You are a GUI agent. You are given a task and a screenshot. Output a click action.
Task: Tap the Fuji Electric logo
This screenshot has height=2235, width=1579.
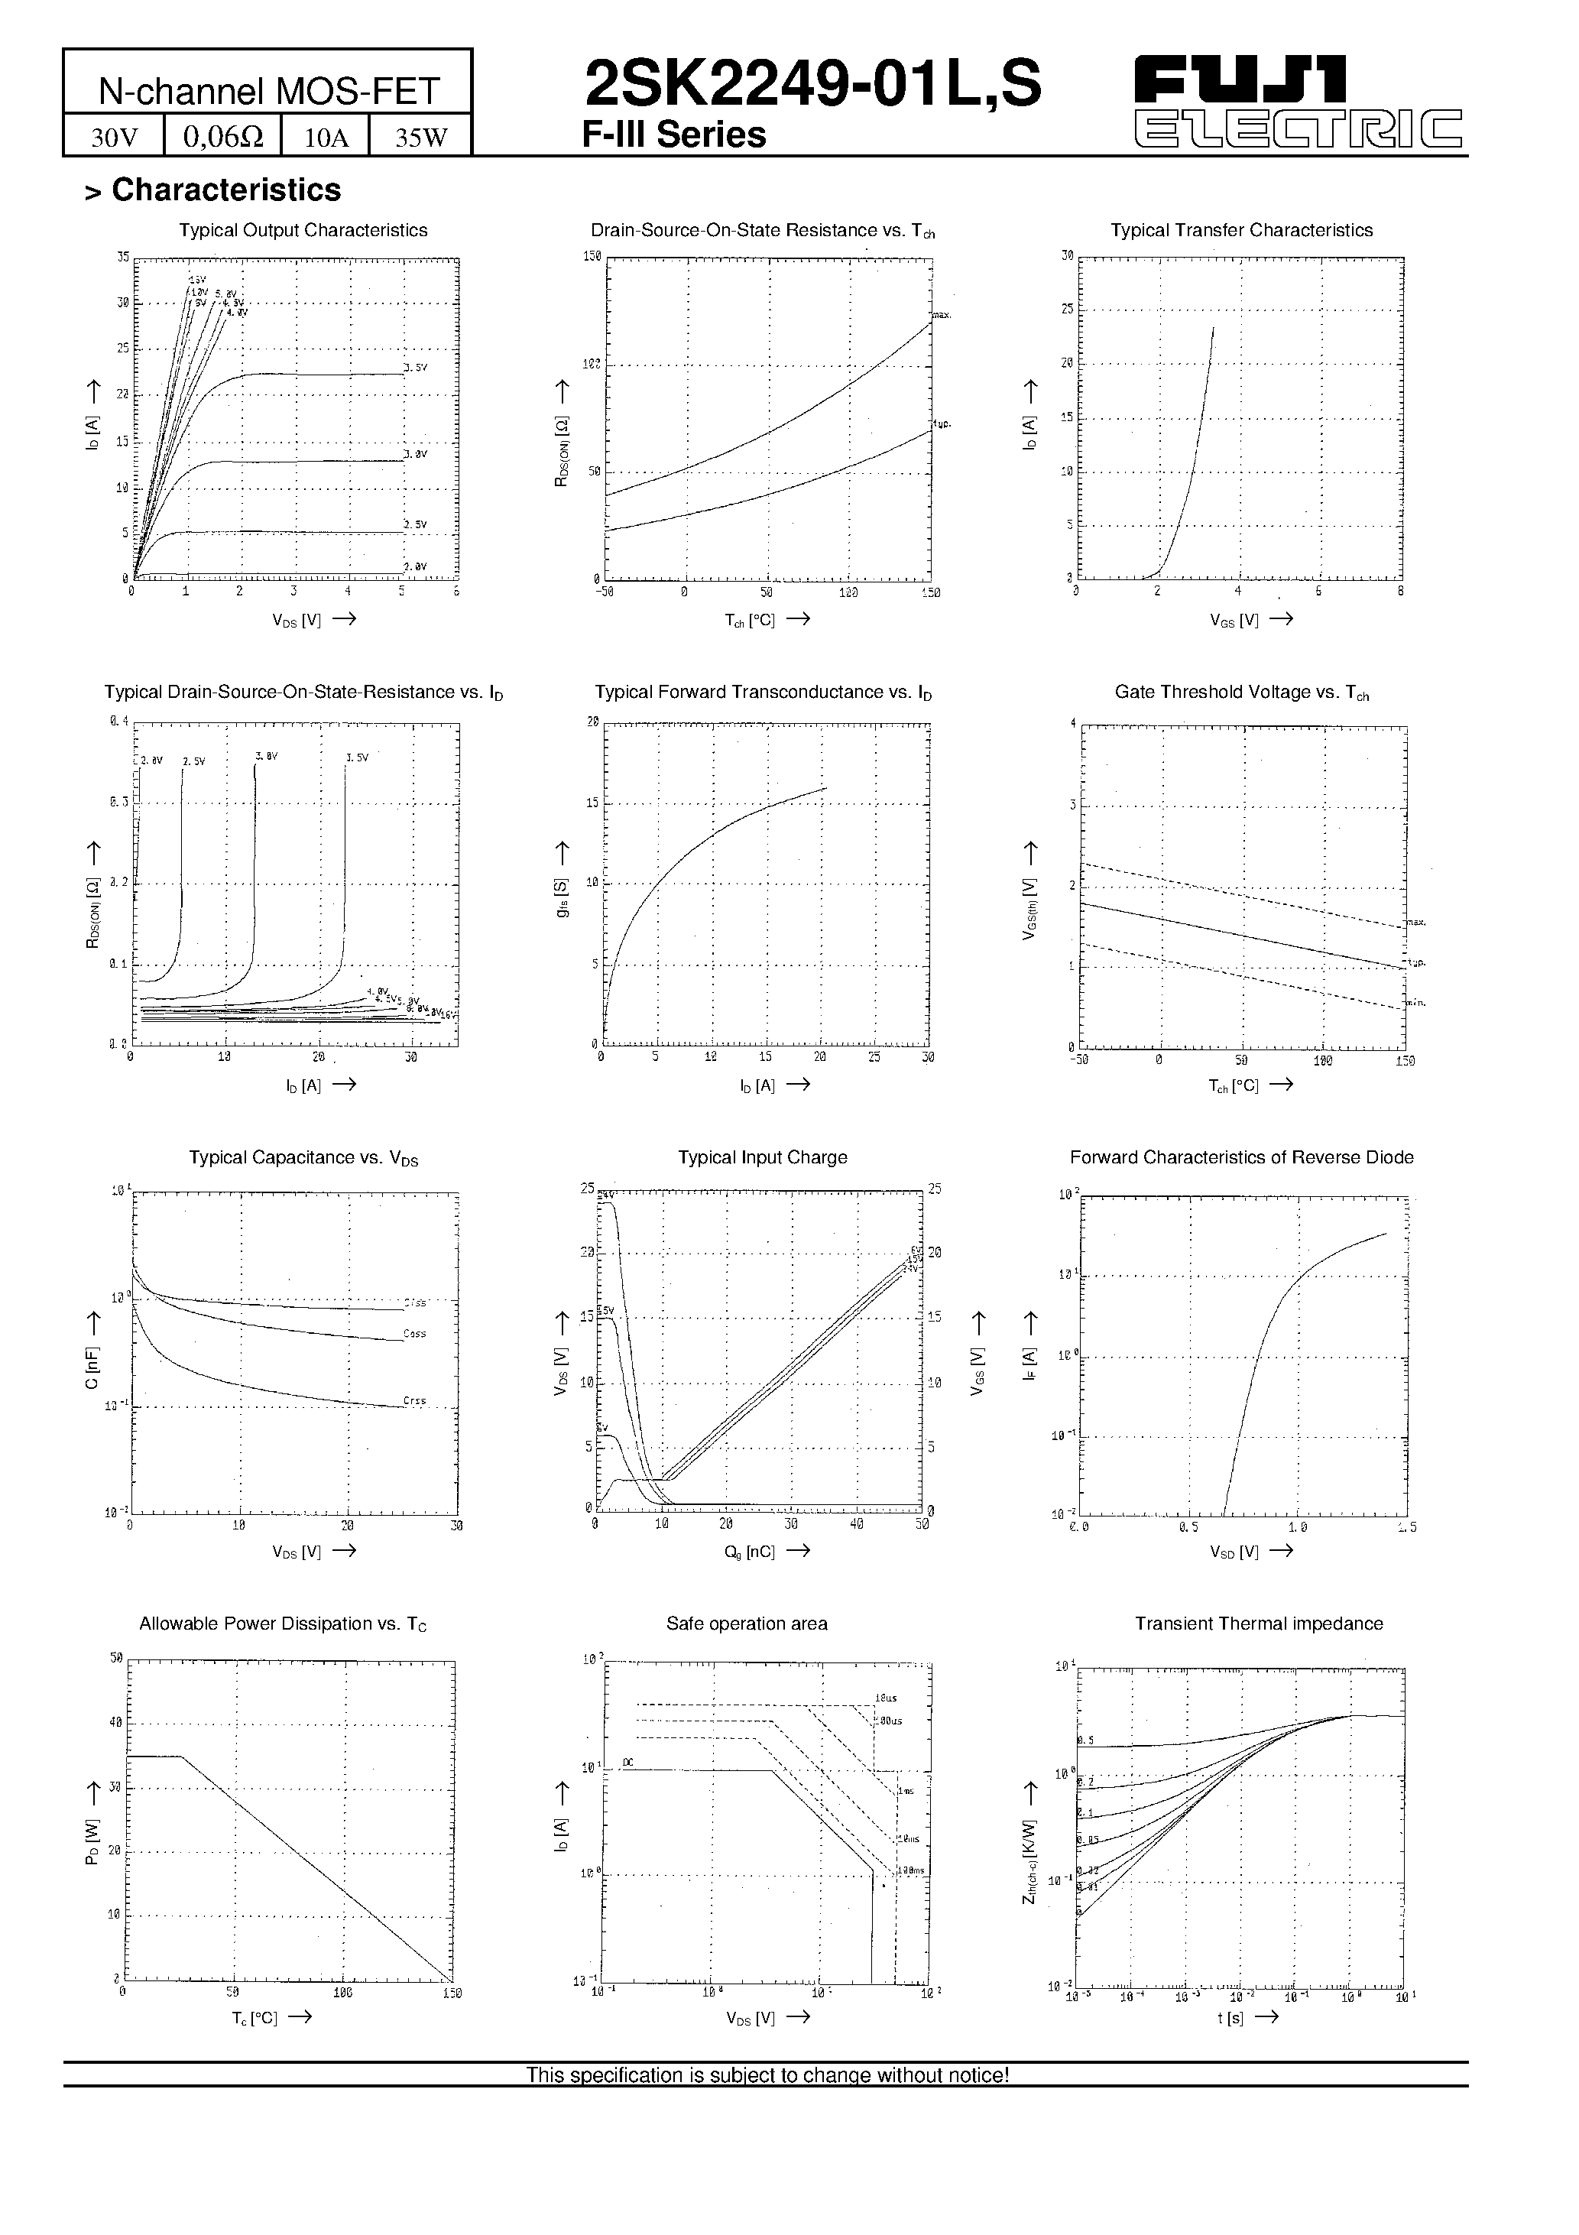tap(1299, 101)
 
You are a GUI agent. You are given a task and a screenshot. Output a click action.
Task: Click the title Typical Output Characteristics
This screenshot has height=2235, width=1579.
tap(303, 231)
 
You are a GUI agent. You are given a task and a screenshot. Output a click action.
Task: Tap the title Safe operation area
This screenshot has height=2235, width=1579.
tap(747, 1624)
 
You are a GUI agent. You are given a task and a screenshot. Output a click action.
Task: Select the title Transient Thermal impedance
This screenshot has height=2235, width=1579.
tap(1258, 1624)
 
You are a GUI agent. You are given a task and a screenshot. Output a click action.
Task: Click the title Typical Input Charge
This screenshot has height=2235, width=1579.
tap(762, 1157)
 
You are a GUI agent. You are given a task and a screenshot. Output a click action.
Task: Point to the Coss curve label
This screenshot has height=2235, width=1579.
tap(415, 1334)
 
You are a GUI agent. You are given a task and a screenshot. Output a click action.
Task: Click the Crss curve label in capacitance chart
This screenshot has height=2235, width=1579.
tap(415, 1401)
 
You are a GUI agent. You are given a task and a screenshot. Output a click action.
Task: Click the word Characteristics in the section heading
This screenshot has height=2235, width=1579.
tap(226, 190)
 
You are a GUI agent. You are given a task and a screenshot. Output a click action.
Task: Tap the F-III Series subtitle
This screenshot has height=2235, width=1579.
tap(673, 135)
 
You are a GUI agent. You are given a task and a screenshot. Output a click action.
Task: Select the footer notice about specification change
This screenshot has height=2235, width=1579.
tap(767, 2075)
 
